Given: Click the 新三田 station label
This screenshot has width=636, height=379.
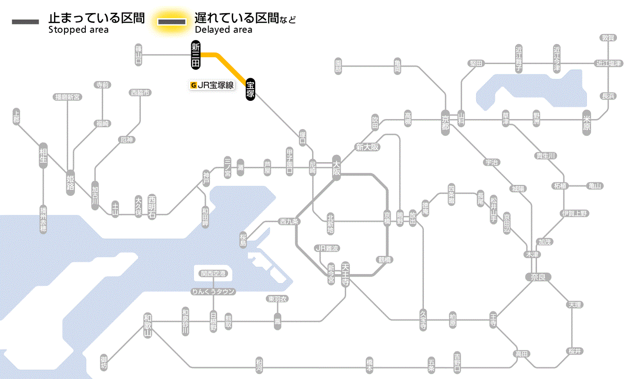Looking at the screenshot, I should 196,55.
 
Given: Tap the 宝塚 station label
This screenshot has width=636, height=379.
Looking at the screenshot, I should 250,90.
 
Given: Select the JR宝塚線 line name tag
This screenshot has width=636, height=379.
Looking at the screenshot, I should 213,85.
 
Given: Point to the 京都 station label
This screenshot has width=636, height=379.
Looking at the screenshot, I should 445,121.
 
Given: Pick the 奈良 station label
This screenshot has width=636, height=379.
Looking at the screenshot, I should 537,277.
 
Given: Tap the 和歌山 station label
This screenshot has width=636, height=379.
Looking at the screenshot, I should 148,325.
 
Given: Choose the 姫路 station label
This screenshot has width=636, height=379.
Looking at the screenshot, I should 70,183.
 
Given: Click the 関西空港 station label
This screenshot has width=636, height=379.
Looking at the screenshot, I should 213,274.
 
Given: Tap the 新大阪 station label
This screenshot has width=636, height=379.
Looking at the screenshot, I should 367,147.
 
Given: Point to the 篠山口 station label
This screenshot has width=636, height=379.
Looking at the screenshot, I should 139,55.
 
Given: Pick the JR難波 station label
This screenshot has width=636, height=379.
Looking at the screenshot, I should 327,248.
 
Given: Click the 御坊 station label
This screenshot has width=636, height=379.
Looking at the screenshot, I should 104,362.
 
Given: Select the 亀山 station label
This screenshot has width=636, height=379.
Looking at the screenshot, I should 595,185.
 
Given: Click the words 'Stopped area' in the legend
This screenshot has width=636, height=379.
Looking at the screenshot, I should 78,30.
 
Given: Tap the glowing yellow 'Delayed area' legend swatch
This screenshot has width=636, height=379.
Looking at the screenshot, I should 172,21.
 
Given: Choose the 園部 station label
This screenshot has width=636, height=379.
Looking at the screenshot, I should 338,66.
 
